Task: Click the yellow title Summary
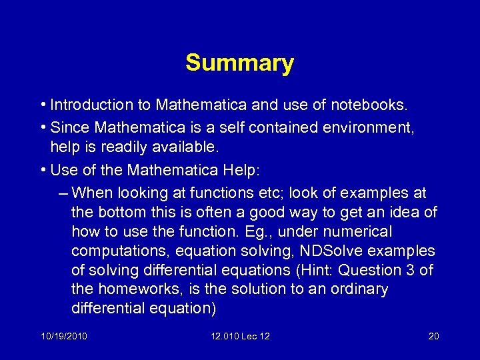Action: pos(239,63)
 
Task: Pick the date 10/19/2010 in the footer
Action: pos(63,336)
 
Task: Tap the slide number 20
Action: pos(433,336)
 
